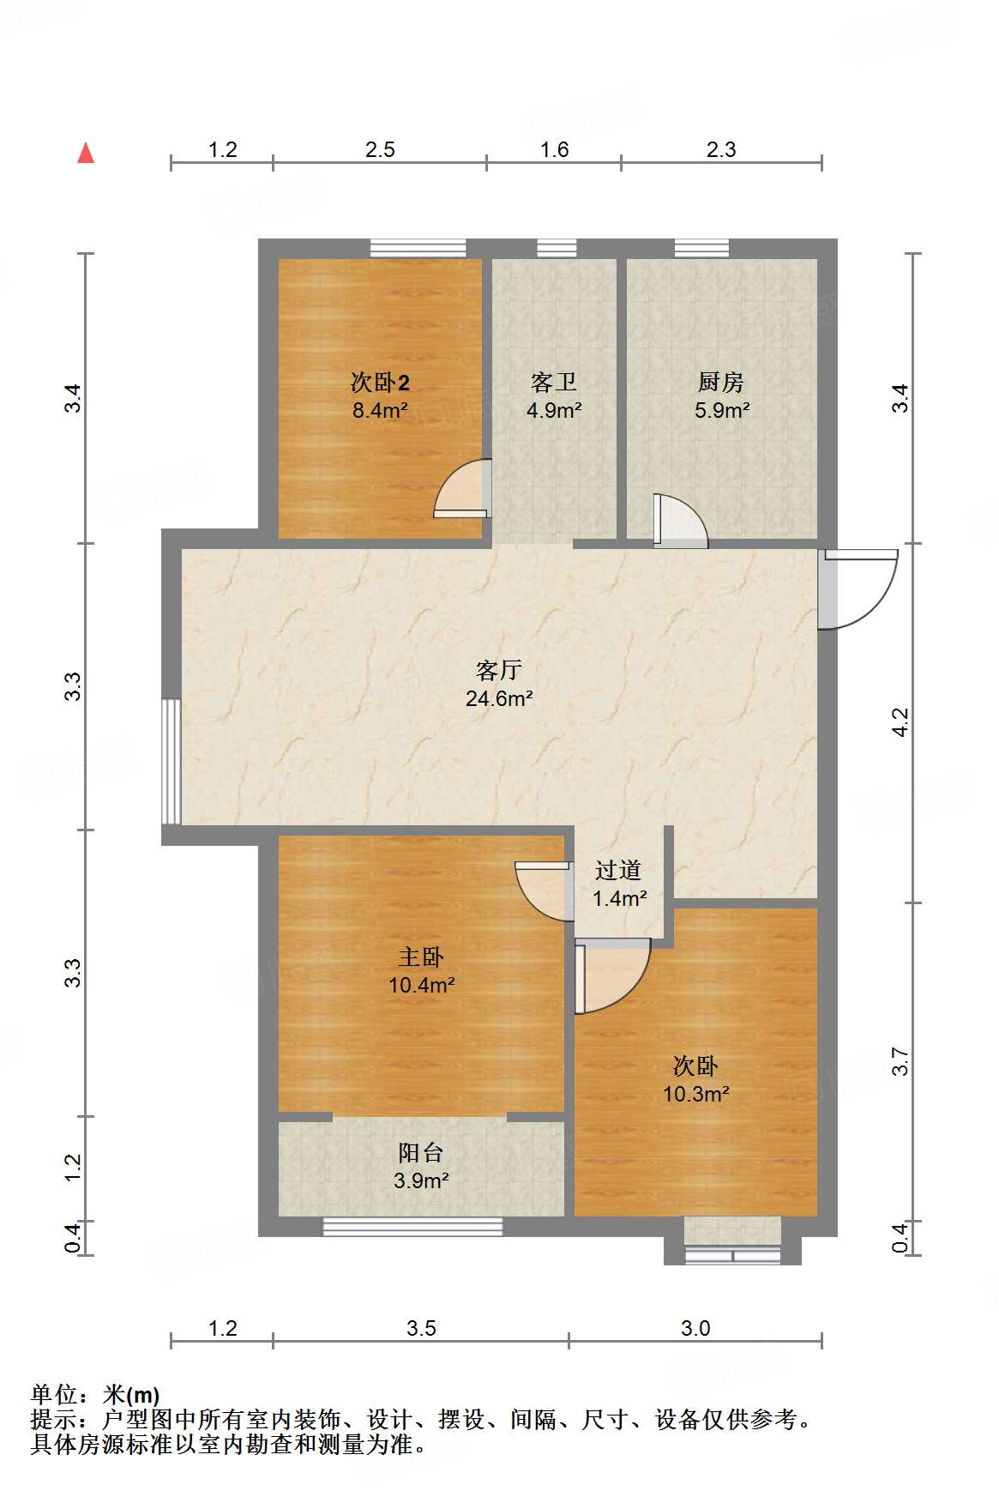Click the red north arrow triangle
[x=86, y=154]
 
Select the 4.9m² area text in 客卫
[x=554, y=411]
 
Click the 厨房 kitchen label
[x=721, y=382]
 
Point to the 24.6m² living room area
[x=499, y=699]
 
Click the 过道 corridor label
[x=618, y=871]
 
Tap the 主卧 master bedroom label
[x=421, y=957]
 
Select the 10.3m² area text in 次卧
[x=695, y=1095]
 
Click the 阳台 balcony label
[x=421, y=1152]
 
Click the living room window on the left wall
[x=172, y=761]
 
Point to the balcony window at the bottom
[x=412, y=1227]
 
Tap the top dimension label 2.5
[x=380, y=150]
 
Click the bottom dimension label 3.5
[x=421, y=1329]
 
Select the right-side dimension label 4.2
[x=900, y=722]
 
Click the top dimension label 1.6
[x=554, y=150]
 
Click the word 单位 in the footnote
[x=53, y=1395]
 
